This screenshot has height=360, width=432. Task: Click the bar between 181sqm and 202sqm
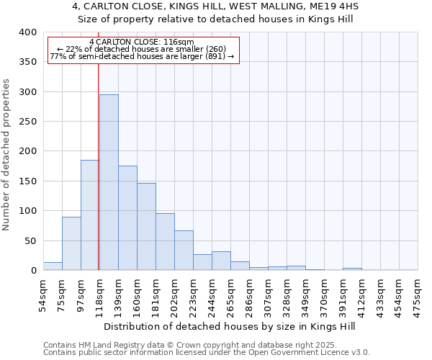pyautogui.click(x=165, y=242)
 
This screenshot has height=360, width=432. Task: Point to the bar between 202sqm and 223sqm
pyautogui.click(x=184, y=251)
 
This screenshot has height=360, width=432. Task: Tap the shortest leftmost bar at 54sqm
pyautogui.click(x=53, y=266)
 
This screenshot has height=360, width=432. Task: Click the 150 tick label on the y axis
pyautogui.click(x=28, y=181)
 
